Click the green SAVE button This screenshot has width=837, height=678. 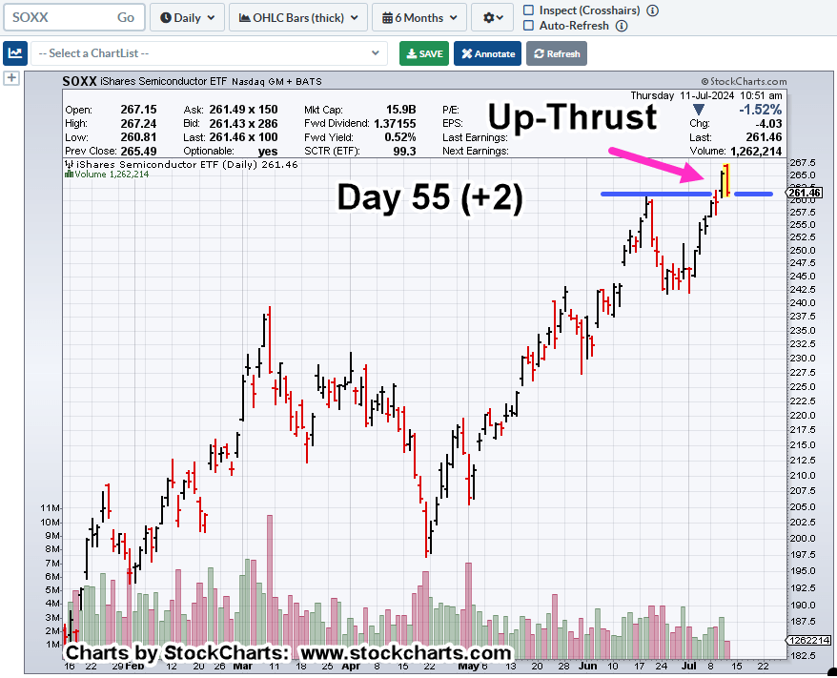(424, 53)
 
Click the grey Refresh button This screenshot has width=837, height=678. (557, 53)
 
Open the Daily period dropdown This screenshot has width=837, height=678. (188, 17)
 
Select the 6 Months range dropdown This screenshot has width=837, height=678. (419, 17)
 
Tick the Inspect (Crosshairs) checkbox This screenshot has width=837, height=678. (530, 10)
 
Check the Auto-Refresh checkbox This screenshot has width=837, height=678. (530, 26)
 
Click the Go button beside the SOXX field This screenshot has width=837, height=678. (126, 17)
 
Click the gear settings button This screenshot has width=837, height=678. (494, 17)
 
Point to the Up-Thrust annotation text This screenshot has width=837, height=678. (573, 116)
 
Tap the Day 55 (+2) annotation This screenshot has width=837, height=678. (430, 197)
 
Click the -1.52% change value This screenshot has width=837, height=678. (762, 110)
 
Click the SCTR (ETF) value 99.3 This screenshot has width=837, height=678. (403, 151)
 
